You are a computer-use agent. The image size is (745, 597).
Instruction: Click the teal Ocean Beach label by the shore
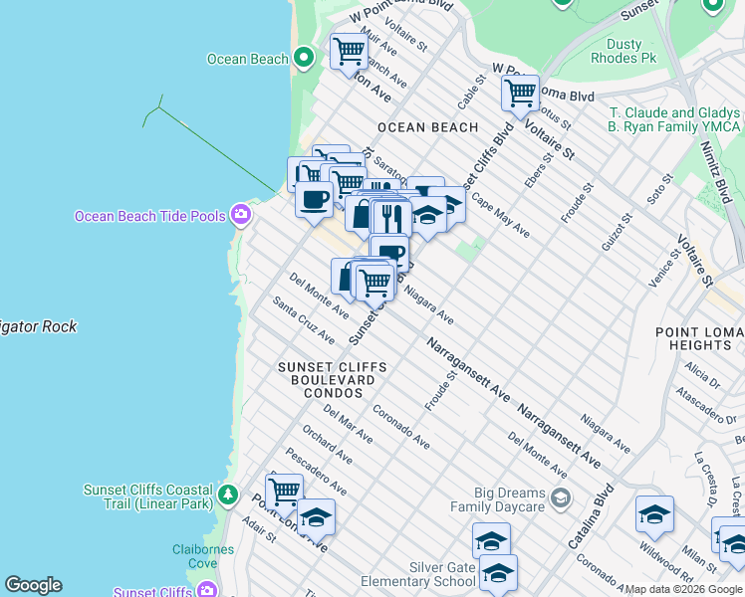[x=247, y=59]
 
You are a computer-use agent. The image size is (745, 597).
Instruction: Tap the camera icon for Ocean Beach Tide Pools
[x=240, y=215]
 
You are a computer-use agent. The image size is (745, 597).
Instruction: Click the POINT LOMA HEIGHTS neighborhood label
[x=699, y=337]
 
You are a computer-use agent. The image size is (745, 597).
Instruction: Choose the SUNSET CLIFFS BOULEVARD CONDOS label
[x=332, y=380]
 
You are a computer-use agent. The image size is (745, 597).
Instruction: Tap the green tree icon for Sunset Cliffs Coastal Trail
[x=228, y=495]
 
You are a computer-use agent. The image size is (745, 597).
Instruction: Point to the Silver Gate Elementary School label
[x=443, y=574]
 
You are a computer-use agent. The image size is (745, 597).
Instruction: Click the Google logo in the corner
[x=33, y=585]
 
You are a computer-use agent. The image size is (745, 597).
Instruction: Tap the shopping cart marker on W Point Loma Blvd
[x=520, y=94]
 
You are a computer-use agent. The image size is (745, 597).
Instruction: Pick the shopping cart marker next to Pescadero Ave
[x=284, y=490]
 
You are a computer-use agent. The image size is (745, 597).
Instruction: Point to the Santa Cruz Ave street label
[x=304, y=320]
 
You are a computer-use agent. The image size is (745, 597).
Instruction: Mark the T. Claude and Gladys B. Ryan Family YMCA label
[x=674, y=119]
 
